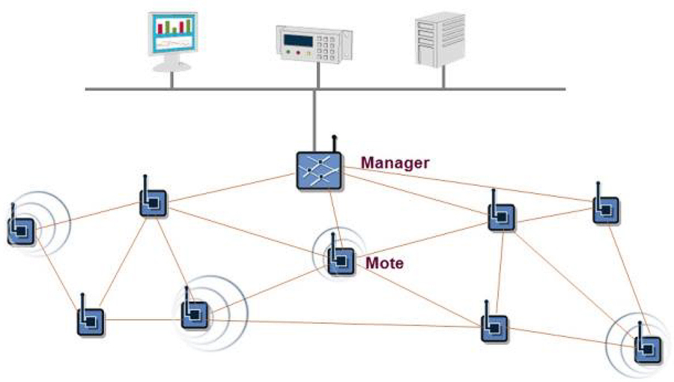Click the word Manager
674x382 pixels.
(395, 163)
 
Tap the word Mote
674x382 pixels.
(384, 264)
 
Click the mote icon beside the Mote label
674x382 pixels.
(341, 260)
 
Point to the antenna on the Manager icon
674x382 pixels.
(334, 143)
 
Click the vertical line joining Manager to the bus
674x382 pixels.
(318, 120)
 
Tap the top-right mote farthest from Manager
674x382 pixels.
(605, 210)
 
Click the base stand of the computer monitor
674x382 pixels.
(171, 65)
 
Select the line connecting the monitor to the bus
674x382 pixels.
(171, 80)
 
